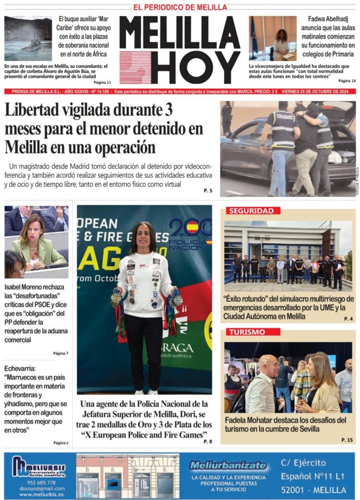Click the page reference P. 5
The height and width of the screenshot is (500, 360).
click(208, 191)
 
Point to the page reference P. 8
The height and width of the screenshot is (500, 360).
click(208, 441)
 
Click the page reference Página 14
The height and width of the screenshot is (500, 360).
click(346, 81)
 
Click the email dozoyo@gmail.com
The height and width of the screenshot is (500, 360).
click(39, 488)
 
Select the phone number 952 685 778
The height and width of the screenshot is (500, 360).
click(39, 482)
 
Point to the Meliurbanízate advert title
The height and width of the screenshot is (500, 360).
click(228, 466)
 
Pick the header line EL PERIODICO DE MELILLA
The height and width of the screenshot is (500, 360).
click(180, 7)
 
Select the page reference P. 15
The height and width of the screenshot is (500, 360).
click(346, 439)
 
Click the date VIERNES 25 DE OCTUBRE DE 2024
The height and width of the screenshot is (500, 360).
click(319, 91)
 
